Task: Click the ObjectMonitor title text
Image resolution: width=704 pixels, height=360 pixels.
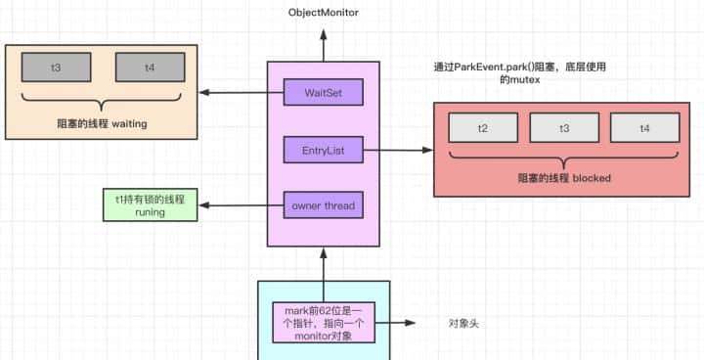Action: coord(323,13)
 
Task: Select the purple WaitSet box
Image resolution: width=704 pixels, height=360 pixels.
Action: coord(323,93)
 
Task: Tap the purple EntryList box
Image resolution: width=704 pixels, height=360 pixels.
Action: coord(323,150)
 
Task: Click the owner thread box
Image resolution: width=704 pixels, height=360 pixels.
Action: coord(323,205)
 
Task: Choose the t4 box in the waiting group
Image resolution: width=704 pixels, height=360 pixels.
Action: coord(149,68)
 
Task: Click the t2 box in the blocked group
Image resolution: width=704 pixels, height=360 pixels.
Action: coord(482,127)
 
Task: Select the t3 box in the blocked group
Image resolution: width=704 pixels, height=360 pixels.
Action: coord(563,127)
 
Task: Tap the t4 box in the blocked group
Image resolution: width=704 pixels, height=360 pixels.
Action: coord(644,127)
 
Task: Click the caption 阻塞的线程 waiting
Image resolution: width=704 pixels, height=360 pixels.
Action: coord(103,124)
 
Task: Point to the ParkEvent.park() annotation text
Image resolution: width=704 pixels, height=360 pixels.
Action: coord(528,75)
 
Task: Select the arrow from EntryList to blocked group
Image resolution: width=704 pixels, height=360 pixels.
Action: coord(399,150)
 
